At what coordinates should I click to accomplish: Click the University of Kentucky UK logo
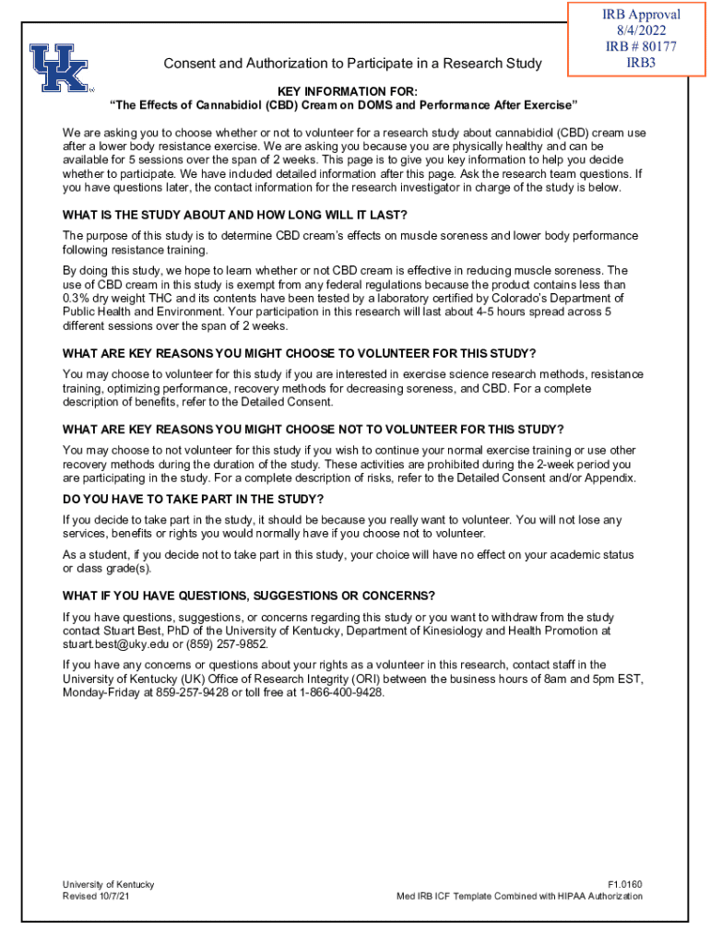coord(59,66)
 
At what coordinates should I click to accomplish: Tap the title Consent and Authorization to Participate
coord(352,64)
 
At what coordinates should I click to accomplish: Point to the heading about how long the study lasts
coord(235,216)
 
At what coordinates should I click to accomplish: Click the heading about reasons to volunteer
coord(299,354)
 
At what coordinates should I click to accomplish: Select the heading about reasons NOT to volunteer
coord(313,430)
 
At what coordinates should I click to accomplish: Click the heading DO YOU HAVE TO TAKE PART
coord(193,499)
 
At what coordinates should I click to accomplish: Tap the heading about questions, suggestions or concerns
coord(249,596)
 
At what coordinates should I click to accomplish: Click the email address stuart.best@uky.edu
coord(115,644)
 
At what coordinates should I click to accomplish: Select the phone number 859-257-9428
coord(191,692)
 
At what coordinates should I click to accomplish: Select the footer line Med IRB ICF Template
coord(519,896)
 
